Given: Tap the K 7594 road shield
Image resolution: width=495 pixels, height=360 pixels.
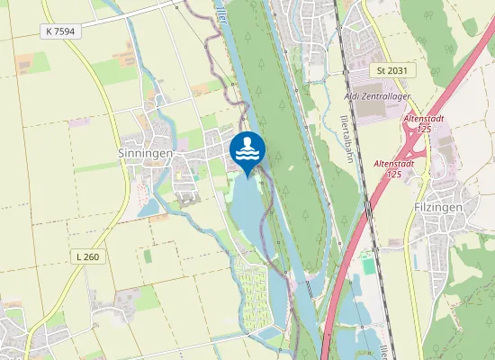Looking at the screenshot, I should point(58,31).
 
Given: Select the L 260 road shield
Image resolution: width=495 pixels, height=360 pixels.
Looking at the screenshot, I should point(87,256).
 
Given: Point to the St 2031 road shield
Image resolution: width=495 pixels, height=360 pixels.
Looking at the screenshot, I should point(392,69).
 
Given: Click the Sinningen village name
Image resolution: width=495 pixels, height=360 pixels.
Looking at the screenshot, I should point(145,154).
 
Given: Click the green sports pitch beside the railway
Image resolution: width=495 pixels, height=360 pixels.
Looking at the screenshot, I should point(367,267).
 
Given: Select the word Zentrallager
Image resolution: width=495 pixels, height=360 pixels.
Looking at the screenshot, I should point(390,94).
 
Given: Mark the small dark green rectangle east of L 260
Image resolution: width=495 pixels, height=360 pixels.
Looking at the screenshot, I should point(148,256).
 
